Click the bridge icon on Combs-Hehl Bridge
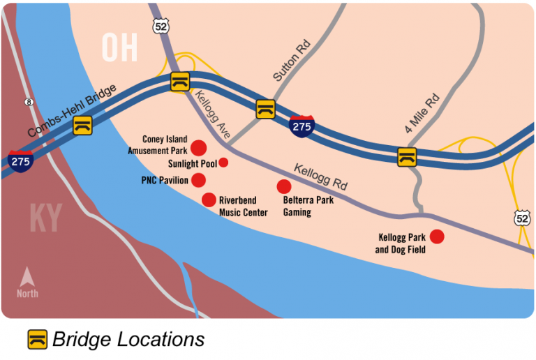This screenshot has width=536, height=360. (83, 125)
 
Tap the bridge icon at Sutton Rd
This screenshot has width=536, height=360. (265, 109)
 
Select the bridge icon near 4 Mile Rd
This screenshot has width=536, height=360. (407, 156)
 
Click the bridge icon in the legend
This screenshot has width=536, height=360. (38, 339)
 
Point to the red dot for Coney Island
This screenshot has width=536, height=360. (198, 147)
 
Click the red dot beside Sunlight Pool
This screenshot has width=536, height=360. (223, 163)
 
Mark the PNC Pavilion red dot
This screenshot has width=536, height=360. (198, 180)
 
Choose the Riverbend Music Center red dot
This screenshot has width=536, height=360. (209, 200)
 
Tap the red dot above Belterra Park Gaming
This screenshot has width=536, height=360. (283, 186)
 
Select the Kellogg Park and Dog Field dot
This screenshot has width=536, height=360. (437, 237)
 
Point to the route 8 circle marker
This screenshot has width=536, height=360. (29, 102)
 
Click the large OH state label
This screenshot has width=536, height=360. (119, 47)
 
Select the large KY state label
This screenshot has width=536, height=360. (45, 218)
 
